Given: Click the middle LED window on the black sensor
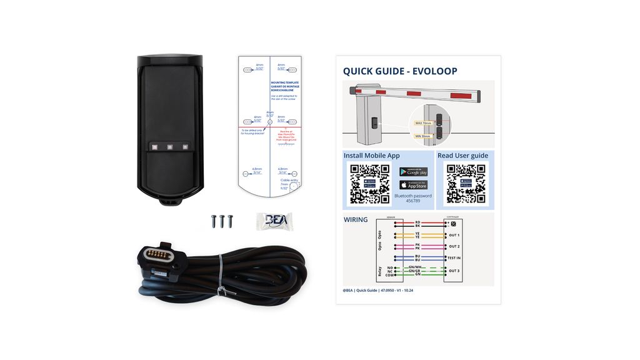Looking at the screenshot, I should click(x=169, y=147).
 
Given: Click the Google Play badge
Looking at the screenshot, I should click(x=413, y=172).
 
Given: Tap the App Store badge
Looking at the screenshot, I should click(x=413, y=185).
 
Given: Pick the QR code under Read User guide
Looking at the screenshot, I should click(x=466, y=184).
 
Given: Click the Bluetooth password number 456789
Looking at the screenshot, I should click(x=413, y=201).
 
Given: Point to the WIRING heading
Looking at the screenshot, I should click(x=356, y=220).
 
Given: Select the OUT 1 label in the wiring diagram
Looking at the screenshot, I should click(x=454, y=235).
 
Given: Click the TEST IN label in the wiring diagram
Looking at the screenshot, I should click(x=454, y=257).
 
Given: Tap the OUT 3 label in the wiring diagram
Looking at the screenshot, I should click(x=454, y=271).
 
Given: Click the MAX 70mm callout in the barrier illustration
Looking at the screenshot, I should click(x=423, y=123).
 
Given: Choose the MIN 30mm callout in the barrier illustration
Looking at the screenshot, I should click(x=423, y=136).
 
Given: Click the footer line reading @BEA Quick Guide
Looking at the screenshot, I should click(x=378, y=290).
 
